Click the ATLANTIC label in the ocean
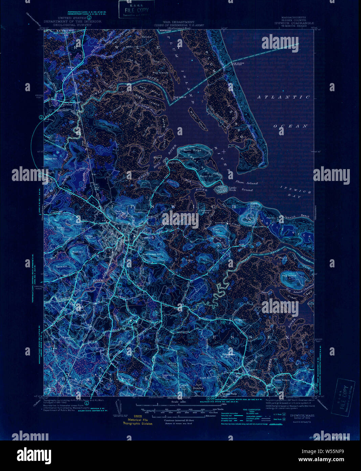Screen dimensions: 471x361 [x=284, y=97]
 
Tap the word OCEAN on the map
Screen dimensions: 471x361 [x=291, y=126]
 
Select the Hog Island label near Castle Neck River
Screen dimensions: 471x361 [x=289, y=275]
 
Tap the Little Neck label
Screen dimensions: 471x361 [x=233, y=188]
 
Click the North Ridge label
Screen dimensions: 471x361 [x=192, y=150]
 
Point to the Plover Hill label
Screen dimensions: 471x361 [x=206, y=177]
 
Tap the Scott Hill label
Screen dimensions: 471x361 [x=62, y=267]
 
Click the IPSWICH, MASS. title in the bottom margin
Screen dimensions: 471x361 [x=302, y=415]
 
